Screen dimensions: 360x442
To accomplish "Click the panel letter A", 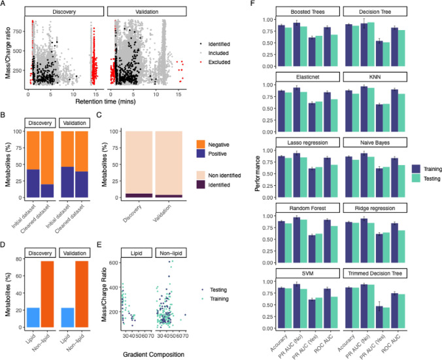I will (x=4, y=5).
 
